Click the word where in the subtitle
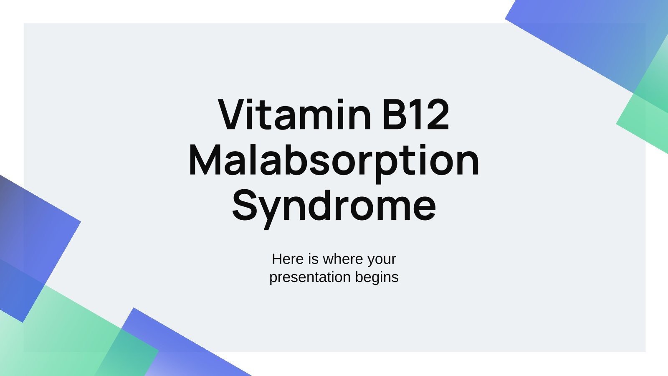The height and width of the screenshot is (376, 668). click(x=342, y=259)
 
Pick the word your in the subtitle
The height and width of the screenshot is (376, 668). click(x=382, y=259)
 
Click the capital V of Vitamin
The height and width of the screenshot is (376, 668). click(x=232, y=114)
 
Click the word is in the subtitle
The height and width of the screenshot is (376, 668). click(x=313, y=259)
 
